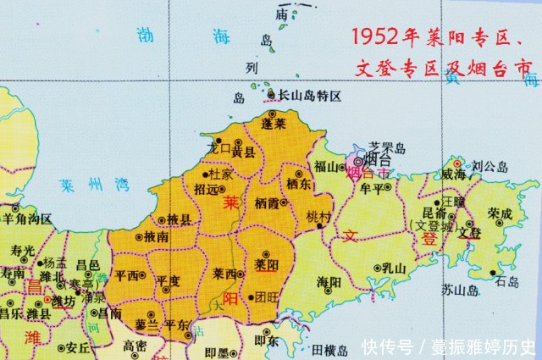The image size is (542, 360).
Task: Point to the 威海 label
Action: [453, 174]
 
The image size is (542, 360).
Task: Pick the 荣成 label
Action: [501, 214]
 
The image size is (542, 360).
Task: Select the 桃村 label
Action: [317, 216]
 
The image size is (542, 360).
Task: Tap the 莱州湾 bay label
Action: [95, 183]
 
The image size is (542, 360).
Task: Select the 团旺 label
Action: [267, 296]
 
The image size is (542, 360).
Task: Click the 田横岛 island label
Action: [330, 349]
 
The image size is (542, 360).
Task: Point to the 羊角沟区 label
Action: [28, 219]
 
